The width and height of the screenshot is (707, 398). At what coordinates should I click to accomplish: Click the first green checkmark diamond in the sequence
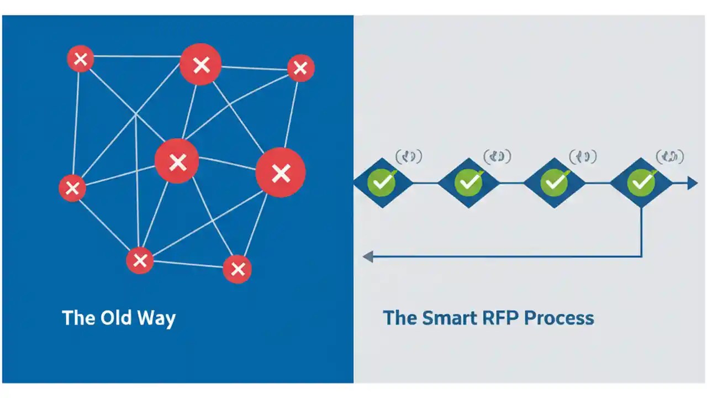[x=382, y=182]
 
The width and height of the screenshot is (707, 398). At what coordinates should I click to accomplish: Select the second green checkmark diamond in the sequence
[x=468, y=182]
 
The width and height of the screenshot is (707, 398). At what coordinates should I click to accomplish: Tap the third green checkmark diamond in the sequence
[x=554, y=182]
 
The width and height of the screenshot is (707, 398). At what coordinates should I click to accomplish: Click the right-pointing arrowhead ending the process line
[x=692, y=182]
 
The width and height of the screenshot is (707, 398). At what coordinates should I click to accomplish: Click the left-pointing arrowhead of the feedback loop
[x=368, y=256]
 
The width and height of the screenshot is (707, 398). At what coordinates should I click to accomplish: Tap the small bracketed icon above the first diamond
[x=409, y=157]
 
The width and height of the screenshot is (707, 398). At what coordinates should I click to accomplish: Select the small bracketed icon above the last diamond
[x=669, y=157]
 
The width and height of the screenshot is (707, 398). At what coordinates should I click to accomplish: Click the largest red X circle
[x=281, y=173]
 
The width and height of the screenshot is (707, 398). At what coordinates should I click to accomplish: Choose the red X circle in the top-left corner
[x=81, y=59]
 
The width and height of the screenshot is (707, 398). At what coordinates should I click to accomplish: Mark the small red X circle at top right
[x=300, y=68]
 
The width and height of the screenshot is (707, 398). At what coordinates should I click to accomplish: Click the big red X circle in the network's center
[x=177, y=161]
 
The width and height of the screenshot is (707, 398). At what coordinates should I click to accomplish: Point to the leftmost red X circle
[x=72, y=188]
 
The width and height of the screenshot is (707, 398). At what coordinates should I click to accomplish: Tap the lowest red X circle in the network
[x=238, y=269]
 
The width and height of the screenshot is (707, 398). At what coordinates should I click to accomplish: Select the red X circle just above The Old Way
[x=140, y=260]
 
